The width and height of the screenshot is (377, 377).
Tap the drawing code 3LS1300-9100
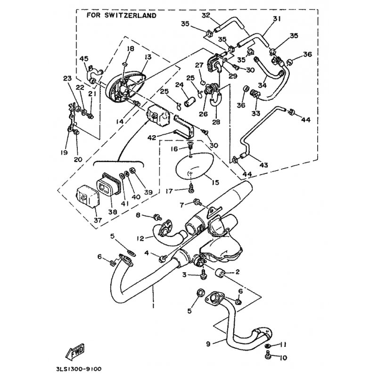(78, 369)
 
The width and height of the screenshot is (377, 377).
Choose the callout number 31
(276, 19)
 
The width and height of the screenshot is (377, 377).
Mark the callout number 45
(84, 58)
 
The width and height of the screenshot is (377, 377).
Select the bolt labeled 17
(191, 190)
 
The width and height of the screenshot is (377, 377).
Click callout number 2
(238, 272)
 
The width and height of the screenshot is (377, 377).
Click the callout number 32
(205, 16)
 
